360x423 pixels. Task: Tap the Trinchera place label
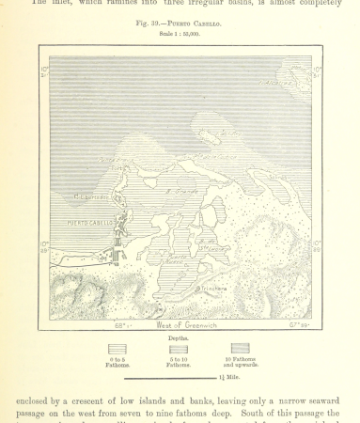click(213, 289)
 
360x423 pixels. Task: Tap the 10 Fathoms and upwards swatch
click(238, 349)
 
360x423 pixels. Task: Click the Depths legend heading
click(180, 336)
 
